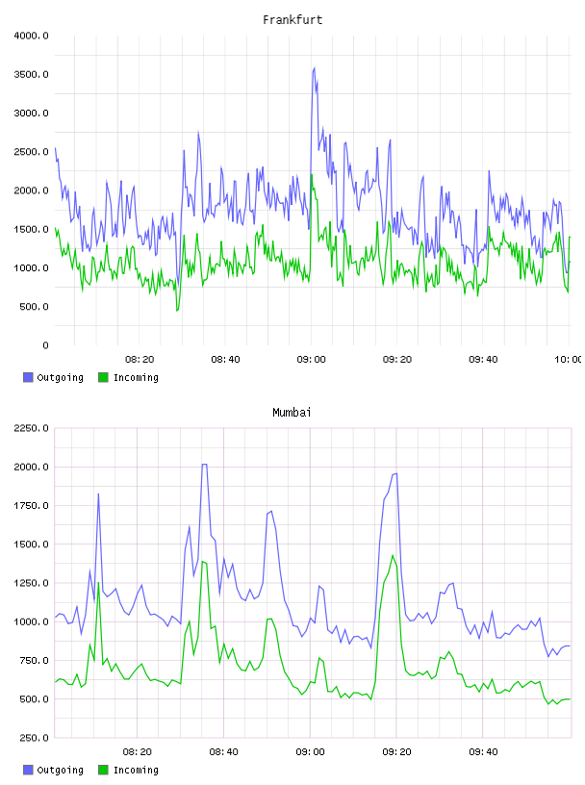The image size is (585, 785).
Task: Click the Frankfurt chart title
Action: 292,19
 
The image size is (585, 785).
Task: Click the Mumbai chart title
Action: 292,412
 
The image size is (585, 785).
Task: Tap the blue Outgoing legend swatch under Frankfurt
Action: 28,377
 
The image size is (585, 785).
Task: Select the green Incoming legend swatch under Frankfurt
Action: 103,377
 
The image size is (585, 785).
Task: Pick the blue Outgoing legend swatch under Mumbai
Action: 28,770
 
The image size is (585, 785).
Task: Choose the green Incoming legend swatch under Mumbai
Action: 103,770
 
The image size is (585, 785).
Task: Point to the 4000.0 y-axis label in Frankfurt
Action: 31,36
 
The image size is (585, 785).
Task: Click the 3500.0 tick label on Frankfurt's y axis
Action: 31,75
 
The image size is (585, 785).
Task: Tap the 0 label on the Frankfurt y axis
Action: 45,345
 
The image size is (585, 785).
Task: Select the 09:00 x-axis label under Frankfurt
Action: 311,360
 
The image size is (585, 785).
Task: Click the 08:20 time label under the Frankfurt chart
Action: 140,360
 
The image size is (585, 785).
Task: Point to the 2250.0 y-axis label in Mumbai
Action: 31,428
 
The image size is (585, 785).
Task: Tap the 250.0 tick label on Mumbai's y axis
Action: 34,738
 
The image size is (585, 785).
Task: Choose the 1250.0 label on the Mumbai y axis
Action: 31,583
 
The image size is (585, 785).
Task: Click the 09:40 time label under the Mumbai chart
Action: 483,752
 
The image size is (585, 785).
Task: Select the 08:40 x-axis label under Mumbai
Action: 224,752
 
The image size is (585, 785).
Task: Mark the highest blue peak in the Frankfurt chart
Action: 314,67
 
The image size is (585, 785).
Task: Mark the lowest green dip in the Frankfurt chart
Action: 177,311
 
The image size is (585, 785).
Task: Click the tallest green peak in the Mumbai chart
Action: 393,555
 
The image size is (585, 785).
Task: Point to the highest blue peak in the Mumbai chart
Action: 204,464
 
